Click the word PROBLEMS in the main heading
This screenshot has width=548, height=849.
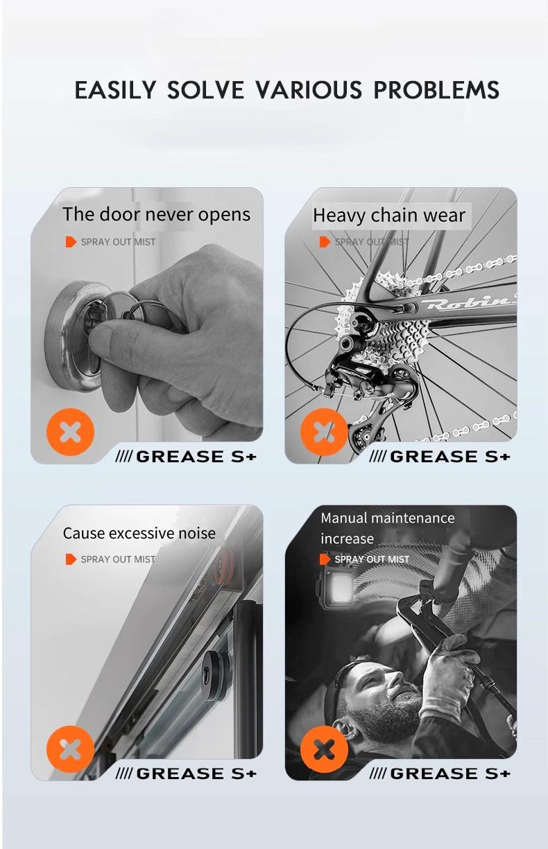(436, 90)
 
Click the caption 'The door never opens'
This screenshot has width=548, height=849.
(156, 214)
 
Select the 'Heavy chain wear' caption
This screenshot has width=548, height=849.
(388, 216)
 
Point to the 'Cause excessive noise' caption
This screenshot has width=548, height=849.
(139, 533)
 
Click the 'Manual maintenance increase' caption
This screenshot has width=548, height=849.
(387, 528)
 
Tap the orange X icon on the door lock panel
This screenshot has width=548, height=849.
(70, 433)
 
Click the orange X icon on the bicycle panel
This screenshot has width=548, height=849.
(324, 433)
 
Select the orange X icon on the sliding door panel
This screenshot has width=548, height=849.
(70, 749)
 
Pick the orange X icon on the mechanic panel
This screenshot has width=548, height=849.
(324, 749)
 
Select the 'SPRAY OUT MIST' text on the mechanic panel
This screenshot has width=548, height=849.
(371, 559)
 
